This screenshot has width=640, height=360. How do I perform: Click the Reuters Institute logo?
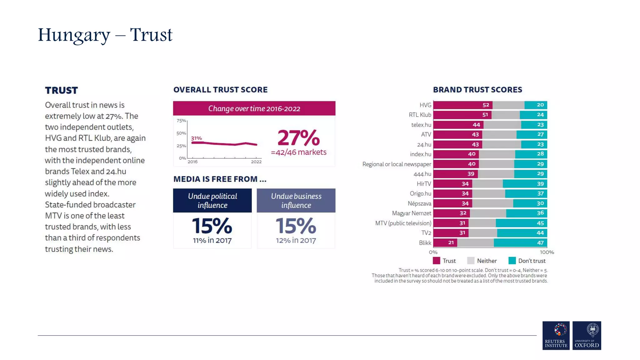[556, 335]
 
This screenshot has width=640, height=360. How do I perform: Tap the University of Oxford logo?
[587, 335]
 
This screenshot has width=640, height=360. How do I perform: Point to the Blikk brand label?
[425, 243]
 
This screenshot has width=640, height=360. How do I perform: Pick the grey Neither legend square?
[471, 261]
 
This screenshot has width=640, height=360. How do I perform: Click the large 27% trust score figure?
[298, 138]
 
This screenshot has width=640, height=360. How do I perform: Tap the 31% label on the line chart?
[196, 138]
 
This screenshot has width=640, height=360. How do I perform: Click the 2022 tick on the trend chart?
[256, 162]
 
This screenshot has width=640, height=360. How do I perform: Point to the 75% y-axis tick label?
[181, 121]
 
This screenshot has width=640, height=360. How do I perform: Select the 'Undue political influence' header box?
[212, 200]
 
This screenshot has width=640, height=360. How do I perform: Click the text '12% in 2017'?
[296, 240]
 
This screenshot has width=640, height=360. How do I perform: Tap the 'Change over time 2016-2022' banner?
[254, 108]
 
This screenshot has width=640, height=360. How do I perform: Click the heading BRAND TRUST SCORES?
[477, 90]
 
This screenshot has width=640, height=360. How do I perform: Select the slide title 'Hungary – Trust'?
[105, 35]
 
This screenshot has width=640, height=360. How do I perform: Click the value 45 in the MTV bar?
[540, 223]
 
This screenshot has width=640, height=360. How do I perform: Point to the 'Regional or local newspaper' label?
[397, 164]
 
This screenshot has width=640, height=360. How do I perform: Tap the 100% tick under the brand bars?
[547, 252]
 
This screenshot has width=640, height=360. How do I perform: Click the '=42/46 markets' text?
[298, 152]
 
